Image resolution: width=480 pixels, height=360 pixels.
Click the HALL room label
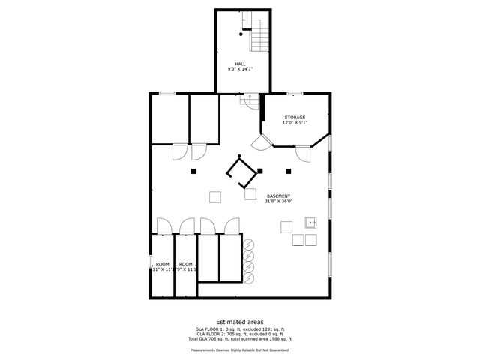(x=240, y=64)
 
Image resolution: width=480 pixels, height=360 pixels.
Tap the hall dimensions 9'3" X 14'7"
(x=240, y=69)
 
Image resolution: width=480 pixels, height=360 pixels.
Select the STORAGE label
(x=295, y=117)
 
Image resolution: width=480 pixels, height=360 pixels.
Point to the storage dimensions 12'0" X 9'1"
(x=295, y=123)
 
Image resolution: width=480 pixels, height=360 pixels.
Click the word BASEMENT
(x=277, y=196)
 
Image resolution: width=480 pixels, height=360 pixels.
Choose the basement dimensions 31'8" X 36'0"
(x=278, y=201)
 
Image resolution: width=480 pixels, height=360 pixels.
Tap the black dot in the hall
(x=241, y=34)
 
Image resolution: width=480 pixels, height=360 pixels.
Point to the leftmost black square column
(x=193, y=172)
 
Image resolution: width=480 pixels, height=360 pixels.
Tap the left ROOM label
(x=162, y=264)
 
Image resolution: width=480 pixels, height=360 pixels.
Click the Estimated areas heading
(x=240, y=321)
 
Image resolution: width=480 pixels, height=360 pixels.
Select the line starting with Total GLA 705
(x=240, y=340)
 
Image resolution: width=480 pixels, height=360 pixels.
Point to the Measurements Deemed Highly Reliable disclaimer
(x=240, y=349)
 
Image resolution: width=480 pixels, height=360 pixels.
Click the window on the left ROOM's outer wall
(x=151, y=263)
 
